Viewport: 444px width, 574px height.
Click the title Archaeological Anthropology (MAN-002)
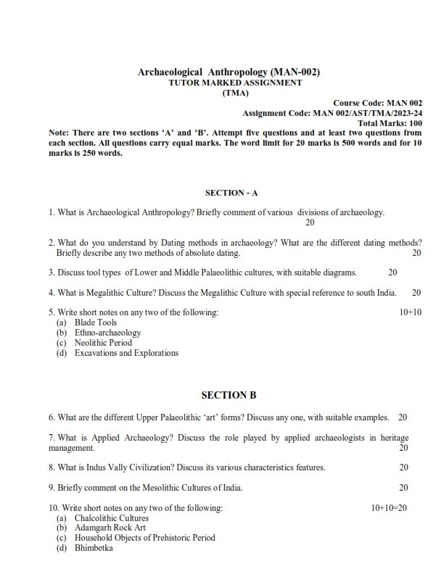pyautogui.click(x=229, y=72)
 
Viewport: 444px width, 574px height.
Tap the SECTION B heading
pyautogui.click(x=229, y=395)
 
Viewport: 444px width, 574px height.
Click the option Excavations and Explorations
pyautogui.click(x=126, y=353)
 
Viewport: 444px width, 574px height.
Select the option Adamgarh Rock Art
pyautogui.click(x=110, y=528)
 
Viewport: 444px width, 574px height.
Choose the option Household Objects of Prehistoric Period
pyautogui.click(x=144, y=538)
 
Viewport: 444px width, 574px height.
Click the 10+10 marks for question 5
pyautogui.click(x=411, y=312)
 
